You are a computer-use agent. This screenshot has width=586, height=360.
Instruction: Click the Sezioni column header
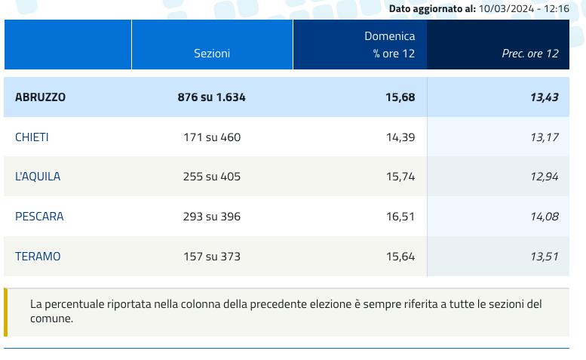tap(212, 54)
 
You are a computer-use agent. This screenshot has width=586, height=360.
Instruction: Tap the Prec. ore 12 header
tap(530, 54)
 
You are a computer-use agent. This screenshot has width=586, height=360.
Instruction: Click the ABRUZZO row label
tap(41, 97)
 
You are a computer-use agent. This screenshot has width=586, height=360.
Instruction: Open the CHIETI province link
tap(32, 137)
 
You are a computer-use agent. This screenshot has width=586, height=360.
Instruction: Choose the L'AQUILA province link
tap(38, 177)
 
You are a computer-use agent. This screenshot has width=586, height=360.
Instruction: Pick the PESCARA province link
tap(39, 217)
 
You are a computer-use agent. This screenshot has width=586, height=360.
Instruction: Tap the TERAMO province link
tap(38, 257)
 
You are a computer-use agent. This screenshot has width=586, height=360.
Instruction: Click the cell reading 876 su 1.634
tap(212, 97)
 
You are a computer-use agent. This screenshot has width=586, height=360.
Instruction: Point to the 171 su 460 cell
tap(212, 137)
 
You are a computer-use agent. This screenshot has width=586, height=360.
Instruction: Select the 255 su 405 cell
tap(212, 177)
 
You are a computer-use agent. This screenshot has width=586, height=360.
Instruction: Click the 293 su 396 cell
tap(212, 217)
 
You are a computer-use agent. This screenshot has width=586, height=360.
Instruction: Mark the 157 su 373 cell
tap(212, 257)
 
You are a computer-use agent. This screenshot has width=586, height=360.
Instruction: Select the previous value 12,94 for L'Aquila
tap(545, 177)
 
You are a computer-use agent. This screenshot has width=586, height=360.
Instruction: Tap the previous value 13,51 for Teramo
tap(545, 257)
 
